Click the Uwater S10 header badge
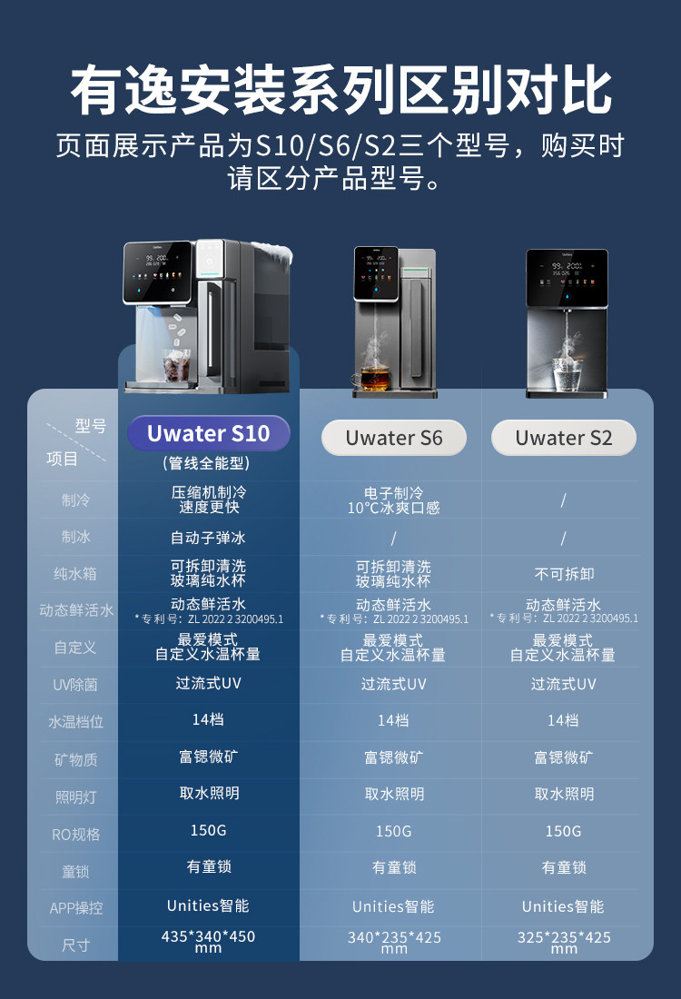[208, 434]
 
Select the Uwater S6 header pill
[393, 438]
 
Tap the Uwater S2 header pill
[563, 438]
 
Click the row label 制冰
[76, 537]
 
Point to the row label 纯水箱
[76, 574]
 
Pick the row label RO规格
[76, 834]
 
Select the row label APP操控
[76, 908]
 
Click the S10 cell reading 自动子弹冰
[208, 538]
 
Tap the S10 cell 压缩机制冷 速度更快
[208, 499]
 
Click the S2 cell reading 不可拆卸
[563, 574]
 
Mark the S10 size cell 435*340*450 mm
[208, 941]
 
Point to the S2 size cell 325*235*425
[563, 942]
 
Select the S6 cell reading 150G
[393, 832]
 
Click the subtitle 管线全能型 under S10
[208, 463]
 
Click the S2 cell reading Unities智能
[563, 906]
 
